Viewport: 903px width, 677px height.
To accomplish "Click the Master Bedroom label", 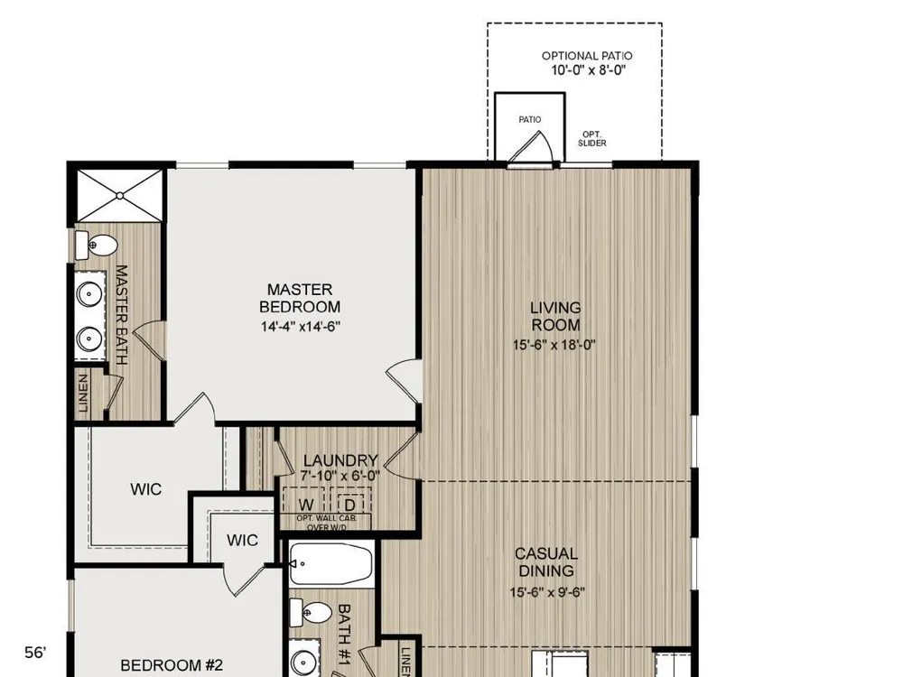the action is coord(300,298).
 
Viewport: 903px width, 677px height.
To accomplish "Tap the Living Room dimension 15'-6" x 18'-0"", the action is coord(554,346).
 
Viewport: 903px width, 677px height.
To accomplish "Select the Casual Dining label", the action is coord(546,562).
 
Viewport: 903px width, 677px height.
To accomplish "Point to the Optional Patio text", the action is coord(587,56).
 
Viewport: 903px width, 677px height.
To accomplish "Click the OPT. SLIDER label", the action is coord(592,139).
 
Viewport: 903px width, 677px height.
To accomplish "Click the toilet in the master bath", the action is coord(97,246).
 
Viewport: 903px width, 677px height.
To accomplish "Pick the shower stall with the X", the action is coord(120,195).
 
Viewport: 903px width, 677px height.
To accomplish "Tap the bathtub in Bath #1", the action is coord(330,564).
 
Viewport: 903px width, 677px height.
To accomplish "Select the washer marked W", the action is coord(305,505).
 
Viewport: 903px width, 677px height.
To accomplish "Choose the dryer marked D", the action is coord(349,505).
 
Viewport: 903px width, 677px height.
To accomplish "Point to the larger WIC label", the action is coord(145,489).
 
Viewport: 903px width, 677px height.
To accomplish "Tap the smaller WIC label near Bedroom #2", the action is coord(242,540).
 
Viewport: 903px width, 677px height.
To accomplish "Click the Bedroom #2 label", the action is coord(172,665).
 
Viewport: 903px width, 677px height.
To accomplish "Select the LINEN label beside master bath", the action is coord(83,394).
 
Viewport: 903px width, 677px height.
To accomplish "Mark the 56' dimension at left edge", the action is coord(35,653).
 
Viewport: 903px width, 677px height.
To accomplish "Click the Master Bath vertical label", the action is coord(122,314).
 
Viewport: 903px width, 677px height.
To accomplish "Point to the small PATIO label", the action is coord(530,120).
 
